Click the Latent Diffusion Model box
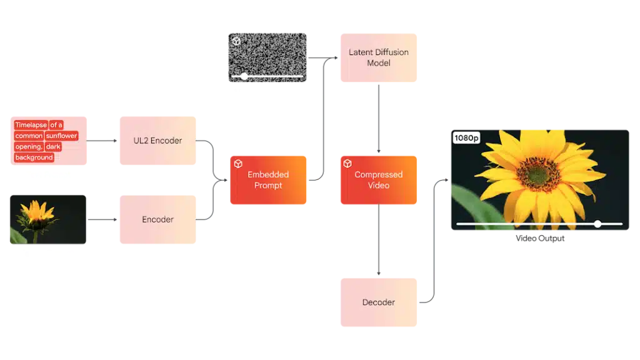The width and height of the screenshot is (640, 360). coord(379,57)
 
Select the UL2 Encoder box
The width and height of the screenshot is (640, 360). coord(157,141)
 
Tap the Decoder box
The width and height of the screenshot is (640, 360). coord(379,302)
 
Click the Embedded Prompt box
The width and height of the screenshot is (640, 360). coord(269,180)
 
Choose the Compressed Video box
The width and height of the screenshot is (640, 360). coord(379,180)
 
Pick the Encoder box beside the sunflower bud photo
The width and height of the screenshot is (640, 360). coord(157,219)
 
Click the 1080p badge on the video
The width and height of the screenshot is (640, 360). coord(466,137)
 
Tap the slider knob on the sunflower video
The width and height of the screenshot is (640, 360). coord(597,223)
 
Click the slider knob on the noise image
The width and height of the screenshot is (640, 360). coord(244,77)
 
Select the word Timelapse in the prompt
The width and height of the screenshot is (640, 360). coord(31,125)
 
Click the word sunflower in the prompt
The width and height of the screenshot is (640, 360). coord(61,136)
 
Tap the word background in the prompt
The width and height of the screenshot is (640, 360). coord(34,157)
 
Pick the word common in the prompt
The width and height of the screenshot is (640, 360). coord(29,136)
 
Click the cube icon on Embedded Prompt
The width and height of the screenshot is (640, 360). coord(238,164)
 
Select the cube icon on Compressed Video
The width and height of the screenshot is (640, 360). coord(347,164)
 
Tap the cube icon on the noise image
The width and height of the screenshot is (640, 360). coord(236,41)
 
